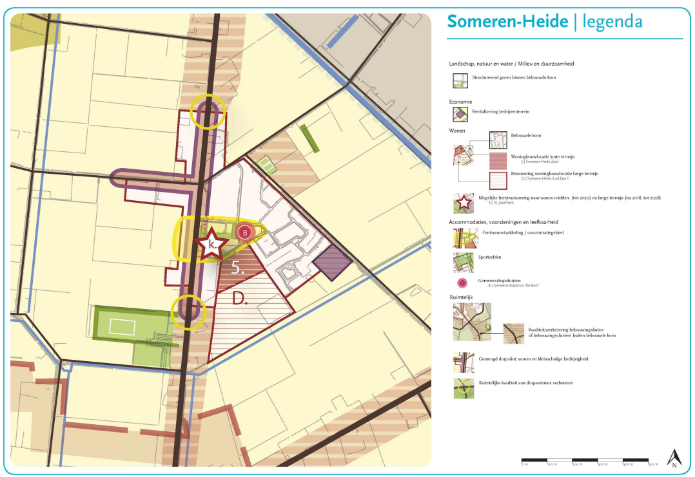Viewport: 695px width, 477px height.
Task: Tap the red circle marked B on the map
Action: tap(244, 232)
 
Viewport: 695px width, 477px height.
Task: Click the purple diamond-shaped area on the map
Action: tap(333, 263)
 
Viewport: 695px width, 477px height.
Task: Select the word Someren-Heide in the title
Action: tap(507, 21)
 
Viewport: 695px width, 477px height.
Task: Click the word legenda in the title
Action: tap(612, 22)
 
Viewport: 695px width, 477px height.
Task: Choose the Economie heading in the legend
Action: tap(460, 102)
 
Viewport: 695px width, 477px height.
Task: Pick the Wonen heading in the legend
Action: tap(457, 131)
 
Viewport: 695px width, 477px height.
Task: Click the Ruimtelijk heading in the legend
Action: tap(462, 298)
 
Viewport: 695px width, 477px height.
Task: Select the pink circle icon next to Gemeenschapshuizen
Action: tap(462, 283)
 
